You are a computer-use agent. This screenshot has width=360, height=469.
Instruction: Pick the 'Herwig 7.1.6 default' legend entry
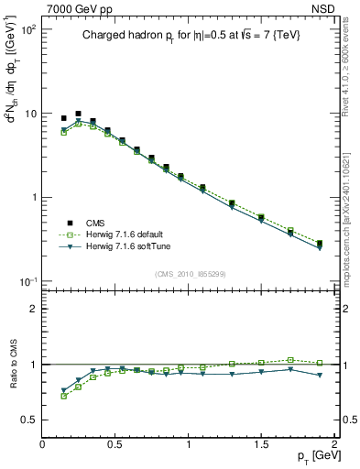tap(119, 234)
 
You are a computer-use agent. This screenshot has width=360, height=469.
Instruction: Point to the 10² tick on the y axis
tap(27, 30)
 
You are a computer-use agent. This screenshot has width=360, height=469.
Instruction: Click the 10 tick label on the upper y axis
tap(29, 114)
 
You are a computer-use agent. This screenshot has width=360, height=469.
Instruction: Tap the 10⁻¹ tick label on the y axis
tap(27, 281)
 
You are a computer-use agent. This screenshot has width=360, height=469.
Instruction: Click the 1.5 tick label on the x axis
tap(262, 443)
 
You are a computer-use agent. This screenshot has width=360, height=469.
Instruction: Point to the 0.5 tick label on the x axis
tap(115, 443)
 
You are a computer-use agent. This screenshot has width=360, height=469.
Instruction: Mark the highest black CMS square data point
tap(78, 114)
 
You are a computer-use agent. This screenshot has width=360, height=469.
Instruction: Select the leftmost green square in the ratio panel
tap(63, 396)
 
